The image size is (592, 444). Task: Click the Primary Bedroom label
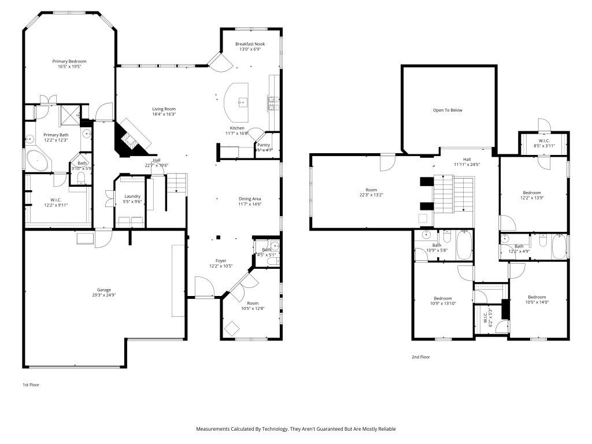click(x=69, y=61)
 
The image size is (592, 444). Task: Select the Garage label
click(x=103, y=290)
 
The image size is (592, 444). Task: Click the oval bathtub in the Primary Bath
click(x=38, y=160)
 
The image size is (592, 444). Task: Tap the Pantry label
click(x=264, y=145)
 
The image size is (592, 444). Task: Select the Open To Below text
click(x=448, y=110)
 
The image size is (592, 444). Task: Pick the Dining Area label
click(x=250, y=198)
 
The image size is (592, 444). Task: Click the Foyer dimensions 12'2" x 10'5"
click(x=221, y=267)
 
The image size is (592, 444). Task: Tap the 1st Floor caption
click(x=31, y=384)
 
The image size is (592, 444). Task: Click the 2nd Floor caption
click(x=420, y=357)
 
